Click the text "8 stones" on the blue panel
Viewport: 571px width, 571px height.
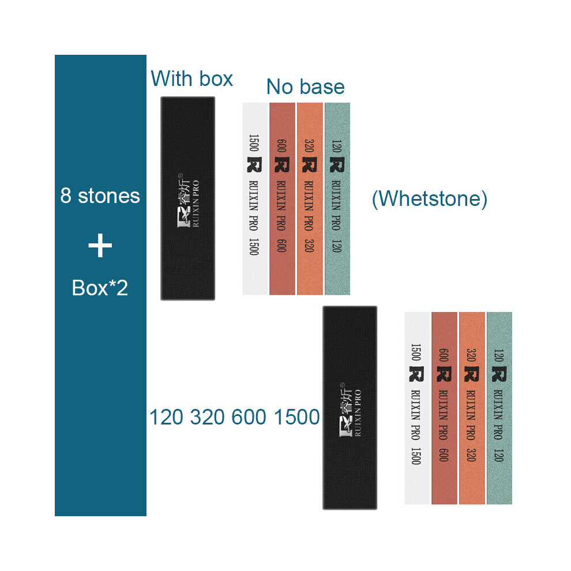pos(100,196)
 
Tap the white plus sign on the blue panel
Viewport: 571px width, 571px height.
pos(100,246)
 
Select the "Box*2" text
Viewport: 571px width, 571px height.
pos(100,288)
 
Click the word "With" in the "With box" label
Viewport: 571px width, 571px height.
pos(171,78)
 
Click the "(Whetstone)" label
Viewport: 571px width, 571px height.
pos(429,199)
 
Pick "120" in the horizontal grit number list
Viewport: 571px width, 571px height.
pos(166,417)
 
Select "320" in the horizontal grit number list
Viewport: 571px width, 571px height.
pos(208,417)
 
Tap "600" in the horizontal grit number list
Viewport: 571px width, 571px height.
pos(249,417)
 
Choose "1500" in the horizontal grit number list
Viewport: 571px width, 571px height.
pos(297,417)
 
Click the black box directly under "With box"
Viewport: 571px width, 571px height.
pos(188,198)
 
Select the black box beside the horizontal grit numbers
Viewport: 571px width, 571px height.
pos(350,408)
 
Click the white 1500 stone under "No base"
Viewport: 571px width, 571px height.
pos(256,199)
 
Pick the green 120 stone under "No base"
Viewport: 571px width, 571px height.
pos(337,199)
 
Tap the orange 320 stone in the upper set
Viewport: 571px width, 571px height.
pos(310,199)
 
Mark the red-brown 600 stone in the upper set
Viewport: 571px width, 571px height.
pos(282,199)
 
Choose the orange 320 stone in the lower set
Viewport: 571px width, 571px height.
pos(472,408)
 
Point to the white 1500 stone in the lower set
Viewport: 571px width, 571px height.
pos(418,408)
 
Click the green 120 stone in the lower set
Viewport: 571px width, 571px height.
pos(499,408)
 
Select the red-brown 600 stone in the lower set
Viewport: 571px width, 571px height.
pos(444,408)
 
